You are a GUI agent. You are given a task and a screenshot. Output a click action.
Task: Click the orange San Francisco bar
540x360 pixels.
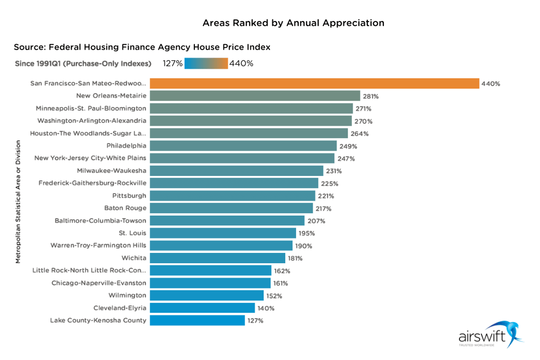pos(314,83)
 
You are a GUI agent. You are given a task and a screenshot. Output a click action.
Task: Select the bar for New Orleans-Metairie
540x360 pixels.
pos(255,96)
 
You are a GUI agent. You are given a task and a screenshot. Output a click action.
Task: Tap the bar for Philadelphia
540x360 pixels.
pos(243,146)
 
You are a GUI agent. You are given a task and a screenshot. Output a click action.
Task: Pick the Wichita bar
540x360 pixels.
pos(217,258)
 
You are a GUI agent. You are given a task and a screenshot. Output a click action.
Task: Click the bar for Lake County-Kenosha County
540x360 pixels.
pos(197,320)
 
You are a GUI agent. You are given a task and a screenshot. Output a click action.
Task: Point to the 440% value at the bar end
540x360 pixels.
pos(490,83)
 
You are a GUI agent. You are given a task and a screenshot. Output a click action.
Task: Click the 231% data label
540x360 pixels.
pos(334,171)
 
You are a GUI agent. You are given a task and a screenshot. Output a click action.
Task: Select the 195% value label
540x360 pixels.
pos(306,233)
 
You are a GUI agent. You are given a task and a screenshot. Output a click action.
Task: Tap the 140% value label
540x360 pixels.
pos(266,308)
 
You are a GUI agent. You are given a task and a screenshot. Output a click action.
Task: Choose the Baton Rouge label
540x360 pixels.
pos(125,208)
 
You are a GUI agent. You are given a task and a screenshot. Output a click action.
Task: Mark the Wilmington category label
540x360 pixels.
pos(127,296)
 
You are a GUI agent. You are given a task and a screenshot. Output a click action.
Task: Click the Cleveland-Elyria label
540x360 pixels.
pos(120,308)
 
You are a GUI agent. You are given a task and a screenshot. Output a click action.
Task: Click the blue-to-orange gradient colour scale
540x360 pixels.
pos(206,63)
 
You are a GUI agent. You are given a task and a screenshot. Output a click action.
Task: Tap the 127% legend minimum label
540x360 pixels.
pos(173,63)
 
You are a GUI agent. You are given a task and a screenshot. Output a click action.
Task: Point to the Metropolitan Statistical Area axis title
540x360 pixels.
pos(18,201)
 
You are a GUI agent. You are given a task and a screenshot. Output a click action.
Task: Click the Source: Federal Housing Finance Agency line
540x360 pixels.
pos(142,47)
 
